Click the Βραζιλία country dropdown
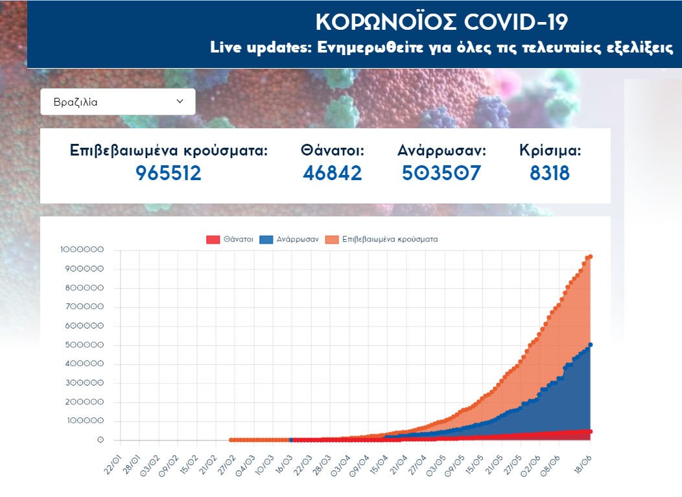click(117, 102)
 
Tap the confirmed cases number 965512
click(169, 173)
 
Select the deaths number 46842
click(332, 173)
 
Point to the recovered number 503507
click(441, 173)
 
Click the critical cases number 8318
click(550, 173)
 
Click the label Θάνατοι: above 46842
click(332, 151)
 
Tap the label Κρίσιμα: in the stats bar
click(550, 151)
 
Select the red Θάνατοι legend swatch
click(213, 239)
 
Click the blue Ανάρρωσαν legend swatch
click(266, 239)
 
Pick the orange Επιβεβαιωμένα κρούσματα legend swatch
click(331, 239)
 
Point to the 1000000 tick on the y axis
click(81, 250)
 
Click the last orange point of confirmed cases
click(591, 257)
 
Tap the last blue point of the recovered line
click(591, 345)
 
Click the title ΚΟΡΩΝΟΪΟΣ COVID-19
click(441, 22)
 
